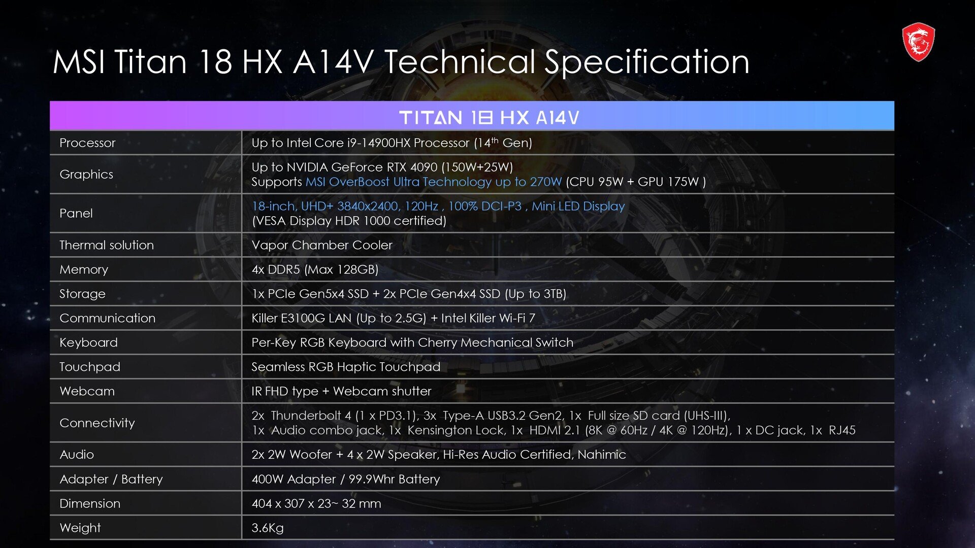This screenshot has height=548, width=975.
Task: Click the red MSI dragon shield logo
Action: coord(918,42)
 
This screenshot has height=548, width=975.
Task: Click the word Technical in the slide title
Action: coord(460,62)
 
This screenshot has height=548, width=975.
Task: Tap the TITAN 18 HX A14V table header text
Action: coord(489,118)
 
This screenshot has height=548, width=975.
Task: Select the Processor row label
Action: coord(87,143)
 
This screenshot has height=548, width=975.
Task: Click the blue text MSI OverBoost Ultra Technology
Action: coord(399,182)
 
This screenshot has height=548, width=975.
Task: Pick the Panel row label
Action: coord(76,213)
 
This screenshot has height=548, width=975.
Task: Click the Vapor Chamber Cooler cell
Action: coord(322,245)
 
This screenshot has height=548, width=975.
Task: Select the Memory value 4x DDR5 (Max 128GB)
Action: coord(315,269)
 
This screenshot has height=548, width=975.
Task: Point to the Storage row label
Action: coord(82,294)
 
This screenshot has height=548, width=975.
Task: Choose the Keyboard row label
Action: coord(88,343)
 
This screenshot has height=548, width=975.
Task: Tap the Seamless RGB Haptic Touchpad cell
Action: coord(346,367)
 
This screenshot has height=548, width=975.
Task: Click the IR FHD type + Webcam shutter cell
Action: coord(341,391)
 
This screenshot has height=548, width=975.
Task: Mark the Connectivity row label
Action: coord(97,423)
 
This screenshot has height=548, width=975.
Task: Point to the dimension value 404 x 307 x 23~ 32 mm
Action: coord(316,504)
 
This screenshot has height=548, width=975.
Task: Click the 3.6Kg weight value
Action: coord(268,528)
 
